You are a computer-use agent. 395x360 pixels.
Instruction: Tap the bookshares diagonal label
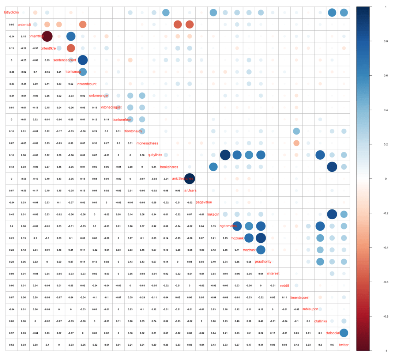click(x=169, y=167)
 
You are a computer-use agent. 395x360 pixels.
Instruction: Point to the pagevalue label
click(x=204, y=202)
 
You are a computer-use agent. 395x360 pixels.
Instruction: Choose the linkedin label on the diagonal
click(x=213, y=214)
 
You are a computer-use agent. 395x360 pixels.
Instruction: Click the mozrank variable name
click(x=237, y=238)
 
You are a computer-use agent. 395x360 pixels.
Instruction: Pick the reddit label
click(x=285, y=285)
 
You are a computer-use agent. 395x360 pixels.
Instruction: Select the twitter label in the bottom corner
click(x=344, y=345)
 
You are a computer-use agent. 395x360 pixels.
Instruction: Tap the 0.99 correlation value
click(x=177, y=190)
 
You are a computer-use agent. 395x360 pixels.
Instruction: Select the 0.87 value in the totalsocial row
click(x=166, y=333)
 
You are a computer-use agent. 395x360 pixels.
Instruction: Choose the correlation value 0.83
click(x=59, y=84)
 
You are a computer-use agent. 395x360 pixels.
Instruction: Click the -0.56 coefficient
click(x=23, y=179)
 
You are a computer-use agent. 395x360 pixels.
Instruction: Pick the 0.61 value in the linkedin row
click(x=166, y=214)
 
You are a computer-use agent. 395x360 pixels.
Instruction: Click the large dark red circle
click(x=47, y=37)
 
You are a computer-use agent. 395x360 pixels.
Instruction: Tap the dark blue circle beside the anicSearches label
click(x=189, y=179)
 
